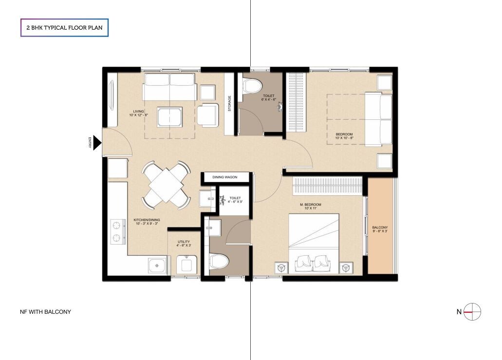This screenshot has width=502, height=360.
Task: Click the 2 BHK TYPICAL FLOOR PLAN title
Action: [x=64, y=28]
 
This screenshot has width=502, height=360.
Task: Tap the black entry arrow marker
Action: [x=97, y=143]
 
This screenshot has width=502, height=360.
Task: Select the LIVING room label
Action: [x=139, y=113]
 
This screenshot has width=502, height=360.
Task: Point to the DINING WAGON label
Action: [x=224, y=177]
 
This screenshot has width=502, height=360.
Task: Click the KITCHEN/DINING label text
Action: [x=147, y=222]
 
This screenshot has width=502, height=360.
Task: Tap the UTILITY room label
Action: [x=184, y=244]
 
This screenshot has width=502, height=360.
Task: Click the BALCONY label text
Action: [x=380, y=229]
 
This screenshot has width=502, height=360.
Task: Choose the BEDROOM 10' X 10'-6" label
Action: [x=344, y=136]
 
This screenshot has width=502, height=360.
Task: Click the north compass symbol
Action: [x=472, y=312]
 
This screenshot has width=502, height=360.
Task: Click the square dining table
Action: [x=166, y=186]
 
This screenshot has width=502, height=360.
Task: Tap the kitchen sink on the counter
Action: [x=157, y=265]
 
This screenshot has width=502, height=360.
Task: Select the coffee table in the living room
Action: [x=169, y=117]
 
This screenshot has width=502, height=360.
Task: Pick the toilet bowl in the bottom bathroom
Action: [x=218, y=262]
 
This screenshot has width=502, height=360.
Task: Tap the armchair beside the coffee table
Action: [x=208, y=115]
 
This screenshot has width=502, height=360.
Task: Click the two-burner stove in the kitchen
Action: [x=117, y=231]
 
